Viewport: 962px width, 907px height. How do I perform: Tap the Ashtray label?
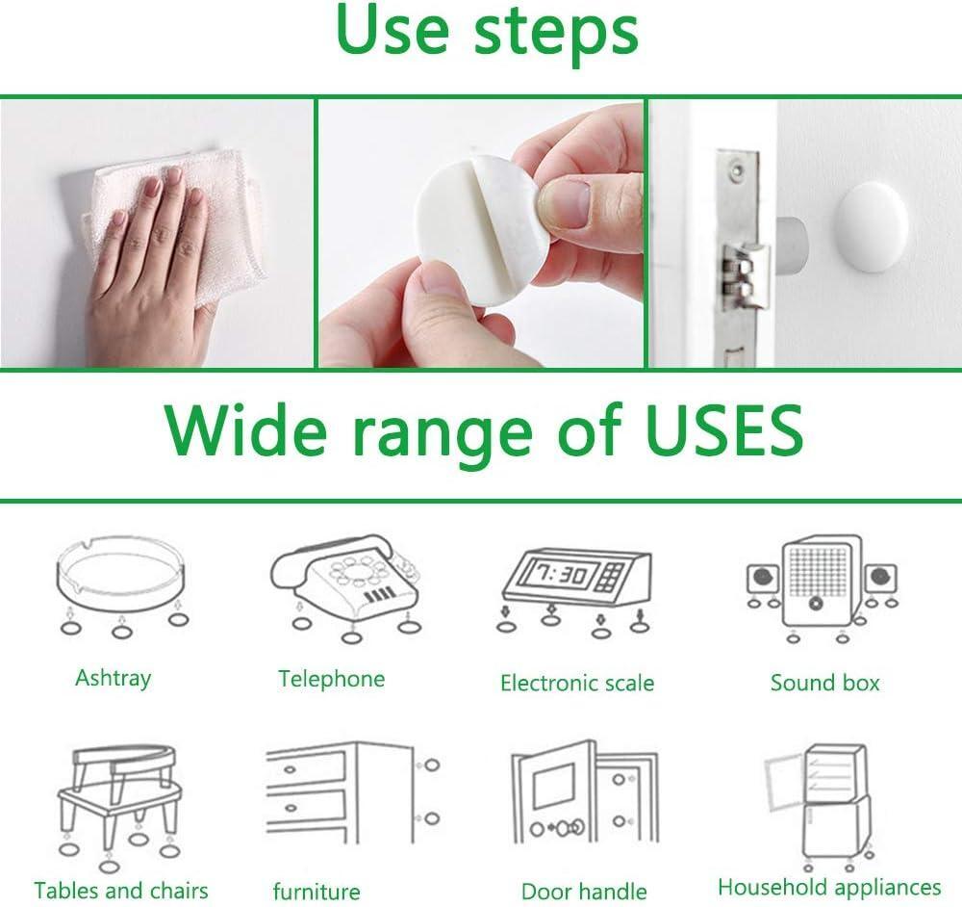pyautogui.click(x=113, y=678)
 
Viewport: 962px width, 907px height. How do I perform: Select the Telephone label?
pyautogui.click(x=331, y=679)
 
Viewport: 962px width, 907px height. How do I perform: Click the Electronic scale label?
pyautogui.click(x=576, y=684)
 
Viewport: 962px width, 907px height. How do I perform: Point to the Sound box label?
pyautogui.click(x=824, y=683)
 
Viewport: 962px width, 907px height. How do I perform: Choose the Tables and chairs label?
pyautogui.click(x=120, y=890)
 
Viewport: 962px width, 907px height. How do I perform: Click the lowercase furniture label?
pyautogui.click(x=316, y=892)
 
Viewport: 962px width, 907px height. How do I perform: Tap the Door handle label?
pyautogui.click(x=584, y=892)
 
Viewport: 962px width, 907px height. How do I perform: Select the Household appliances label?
pyautogui.click(x=829, y=887)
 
